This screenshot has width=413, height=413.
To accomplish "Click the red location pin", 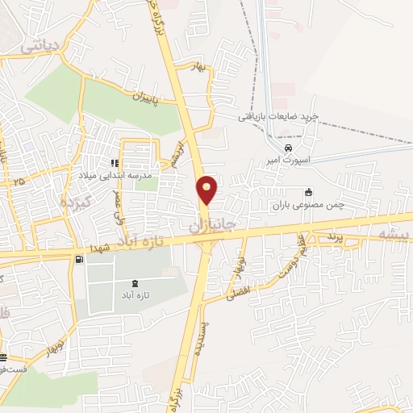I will click(207, 190).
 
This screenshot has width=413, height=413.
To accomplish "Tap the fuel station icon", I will click(78, 260).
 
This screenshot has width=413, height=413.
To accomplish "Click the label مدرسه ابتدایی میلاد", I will click(115, 174).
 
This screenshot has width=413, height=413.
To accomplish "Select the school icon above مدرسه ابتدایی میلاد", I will click(115, 163).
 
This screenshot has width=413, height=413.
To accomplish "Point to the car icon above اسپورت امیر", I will click(288, 148).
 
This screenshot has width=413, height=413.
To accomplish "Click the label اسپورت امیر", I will click(288, 159).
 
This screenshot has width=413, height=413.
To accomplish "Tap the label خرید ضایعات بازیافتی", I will click(277, 117).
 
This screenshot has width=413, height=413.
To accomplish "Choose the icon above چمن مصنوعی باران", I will click(308, 192).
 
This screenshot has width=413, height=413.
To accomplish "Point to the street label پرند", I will click(336, 238).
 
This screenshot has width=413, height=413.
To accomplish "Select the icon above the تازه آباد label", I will click(133, 282).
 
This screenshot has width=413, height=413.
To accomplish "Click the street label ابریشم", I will click(174, 153).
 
